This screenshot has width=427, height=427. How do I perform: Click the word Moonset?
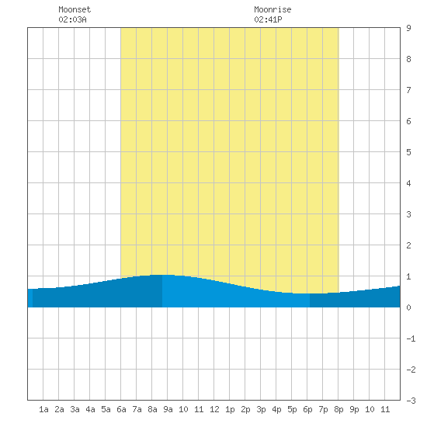tap(75, 9)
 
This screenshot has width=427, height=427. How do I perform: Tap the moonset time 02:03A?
tap(72, 19)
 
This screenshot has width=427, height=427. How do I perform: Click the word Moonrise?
tap(273, 9)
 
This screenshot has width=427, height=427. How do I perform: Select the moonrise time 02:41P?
tap(268, 19)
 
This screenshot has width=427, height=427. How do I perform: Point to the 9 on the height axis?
tap(408, 28)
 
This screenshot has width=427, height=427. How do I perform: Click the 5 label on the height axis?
tap(408, 152)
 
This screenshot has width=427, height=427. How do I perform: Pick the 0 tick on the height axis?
tap(408, 307)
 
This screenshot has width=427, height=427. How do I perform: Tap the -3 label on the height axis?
tap(411, 401)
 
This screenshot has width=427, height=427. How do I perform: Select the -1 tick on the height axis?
tap(411, 338)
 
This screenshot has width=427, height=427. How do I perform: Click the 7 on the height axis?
tap(408, 90)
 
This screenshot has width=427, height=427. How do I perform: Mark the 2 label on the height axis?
tap(408, 245)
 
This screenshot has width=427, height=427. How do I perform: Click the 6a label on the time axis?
tap(121, 409)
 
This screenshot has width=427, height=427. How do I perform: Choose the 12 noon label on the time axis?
tap(214, 409)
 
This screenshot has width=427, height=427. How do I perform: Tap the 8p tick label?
tap(338, 409)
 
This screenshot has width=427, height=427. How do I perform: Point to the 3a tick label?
tap(75, 409)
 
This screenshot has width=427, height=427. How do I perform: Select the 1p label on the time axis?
tap(230, 409)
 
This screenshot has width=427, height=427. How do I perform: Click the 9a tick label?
tap(168, 409)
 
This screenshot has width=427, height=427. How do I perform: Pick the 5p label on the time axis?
tap(292, 409)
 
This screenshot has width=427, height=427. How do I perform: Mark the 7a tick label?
tap(137, 409)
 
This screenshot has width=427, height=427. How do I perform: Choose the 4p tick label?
tap(276, 409)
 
